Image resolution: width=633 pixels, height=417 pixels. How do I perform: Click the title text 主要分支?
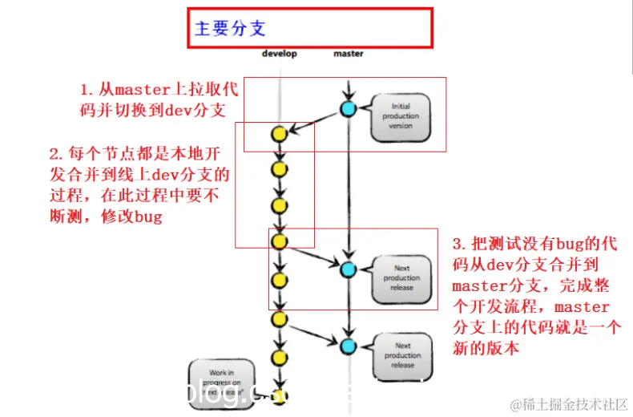230,29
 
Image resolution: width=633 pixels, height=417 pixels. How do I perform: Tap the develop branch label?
279,54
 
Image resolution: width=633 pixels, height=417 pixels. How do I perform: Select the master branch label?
348,54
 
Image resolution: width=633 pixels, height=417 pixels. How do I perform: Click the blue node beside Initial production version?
348,109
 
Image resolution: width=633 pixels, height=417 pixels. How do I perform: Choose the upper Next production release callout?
402,277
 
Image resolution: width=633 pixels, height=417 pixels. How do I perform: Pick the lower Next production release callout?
402,354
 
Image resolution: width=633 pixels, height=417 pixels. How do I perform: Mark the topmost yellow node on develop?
279,134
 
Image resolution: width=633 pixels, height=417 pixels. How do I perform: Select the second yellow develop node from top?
279,169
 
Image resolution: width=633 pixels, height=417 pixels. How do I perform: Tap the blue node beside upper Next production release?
348,269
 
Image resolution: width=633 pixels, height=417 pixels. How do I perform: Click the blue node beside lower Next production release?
348,346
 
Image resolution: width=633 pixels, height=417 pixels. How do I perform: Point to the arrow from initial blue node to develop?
313,121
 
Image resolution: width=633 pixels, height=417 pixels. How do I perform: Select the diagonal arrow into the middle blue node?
313,255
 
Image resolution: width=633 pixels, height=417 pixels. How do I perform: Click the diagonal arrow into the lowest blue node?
313,332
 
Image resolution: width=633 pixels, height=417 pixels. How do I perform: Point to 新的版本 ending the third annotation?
486,349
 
